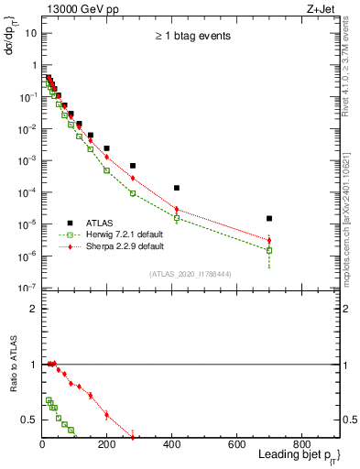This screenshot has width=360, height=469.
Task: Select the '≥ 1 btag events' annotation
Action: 191,37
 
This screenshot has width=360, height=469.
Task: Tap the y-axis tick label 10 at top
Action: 30,33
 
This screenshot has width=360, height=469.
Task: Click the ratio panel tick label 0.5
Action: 29,420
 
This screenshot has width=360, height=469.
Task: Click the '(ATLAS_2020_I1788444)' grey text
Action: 191,273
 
